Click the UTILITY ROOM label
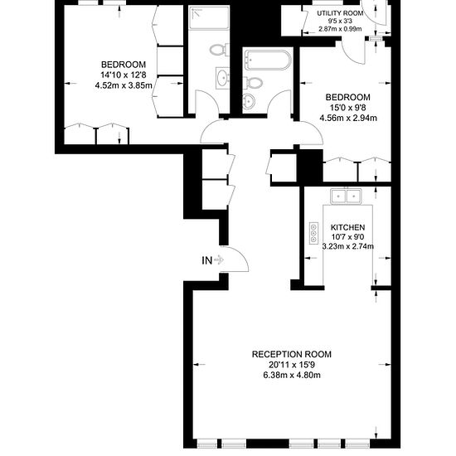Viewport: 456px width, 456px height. (340, 13)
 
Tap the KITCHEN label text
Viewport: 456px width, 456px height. (348, 227)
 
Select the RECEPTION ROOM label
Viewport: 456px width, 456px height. (292, 354)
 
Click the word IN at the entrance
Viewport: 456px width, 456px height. (206, 260)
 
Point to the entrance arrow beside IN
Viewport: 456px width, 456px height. (219, 260)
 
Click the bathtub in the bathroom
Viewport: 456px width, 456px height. (268, 60)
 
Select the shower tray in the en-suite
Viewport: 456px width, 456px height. (208, 18)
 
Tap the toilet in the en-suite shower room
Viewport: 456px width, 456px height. (220, 50)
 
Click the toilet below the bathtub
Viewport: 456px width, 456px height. (255, 83)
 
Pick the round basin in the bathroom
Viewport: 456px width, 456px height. (249, 101)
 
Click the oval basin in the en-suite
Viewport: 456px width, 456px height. (223, 78)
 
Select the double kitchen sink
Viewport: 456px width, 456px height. (346, 196)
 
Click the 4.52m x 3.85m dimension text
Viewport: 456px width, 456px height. (124, 85)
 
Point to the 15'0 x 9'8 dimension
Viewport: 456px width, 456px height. (348, 108)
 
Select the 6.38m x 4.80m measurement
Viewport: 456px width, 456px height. (292, 375)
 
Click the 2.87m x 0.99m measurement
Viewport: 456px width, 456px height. (340, 29)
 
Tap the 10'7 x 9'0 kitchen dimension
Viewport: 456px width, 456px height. (348, 237)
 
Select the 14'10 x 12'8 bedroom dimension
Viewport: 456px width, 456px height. (124, 75)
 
